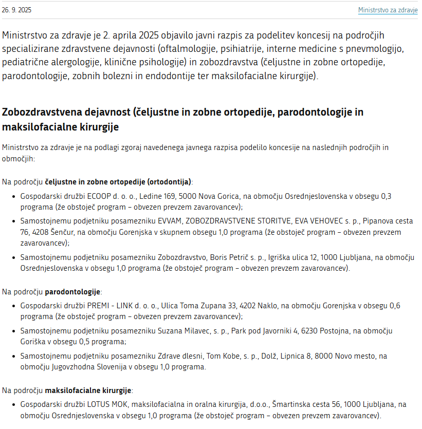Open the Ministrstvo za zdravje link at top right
(x=388, y=10)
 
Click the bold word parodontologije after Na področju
(x=73, y=292)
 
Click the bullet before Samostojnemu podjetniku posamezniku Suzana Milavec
(x=14, y=331)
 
